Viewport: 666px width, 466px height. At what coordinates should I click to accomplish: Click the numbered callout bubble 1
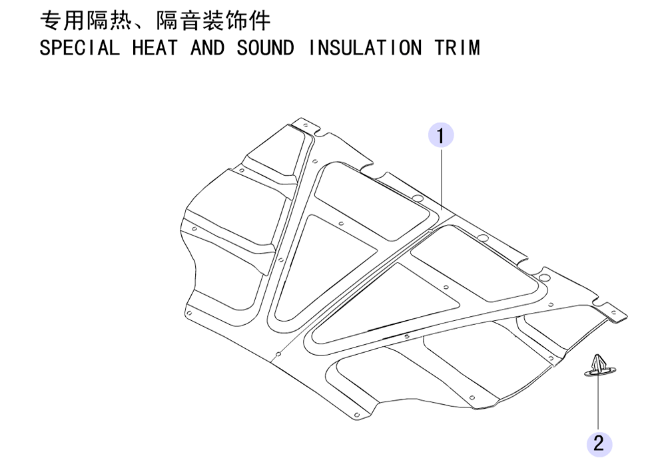440,135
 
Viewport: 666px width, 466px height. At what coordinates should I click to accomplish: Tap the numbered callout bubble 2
599,444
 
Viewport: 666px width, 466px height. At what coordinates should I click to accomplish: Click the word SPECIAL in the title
79,47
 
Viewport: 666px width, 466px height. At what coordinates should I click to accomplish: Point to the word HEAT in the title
155,47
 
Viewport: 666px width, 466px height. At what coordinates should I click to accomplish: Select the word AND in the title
207,47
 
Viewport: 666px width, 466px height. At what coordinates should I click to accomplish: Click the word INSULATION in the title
364,47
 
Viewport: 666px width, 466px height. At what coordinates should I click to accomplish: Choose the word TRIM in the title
457,47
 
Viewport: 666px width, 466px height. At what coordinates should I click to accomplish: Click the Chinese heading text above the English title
155,21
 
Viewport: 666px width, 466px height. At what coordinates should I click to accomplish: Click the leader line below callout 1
442,178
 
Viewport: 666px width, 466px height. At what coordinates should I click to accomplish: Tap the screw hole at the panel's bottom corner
357,415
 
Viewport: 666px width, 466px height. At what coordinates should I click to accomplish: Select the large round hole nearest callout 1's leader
418,198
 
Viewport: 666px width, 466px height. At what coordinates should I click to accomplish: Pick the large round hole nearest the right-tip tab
544,278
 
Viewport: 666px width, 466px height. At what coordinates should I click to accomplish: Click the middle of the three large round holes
482,237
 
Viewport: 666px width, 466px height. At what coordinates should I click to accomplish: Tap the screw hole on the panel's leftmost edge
194,229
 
